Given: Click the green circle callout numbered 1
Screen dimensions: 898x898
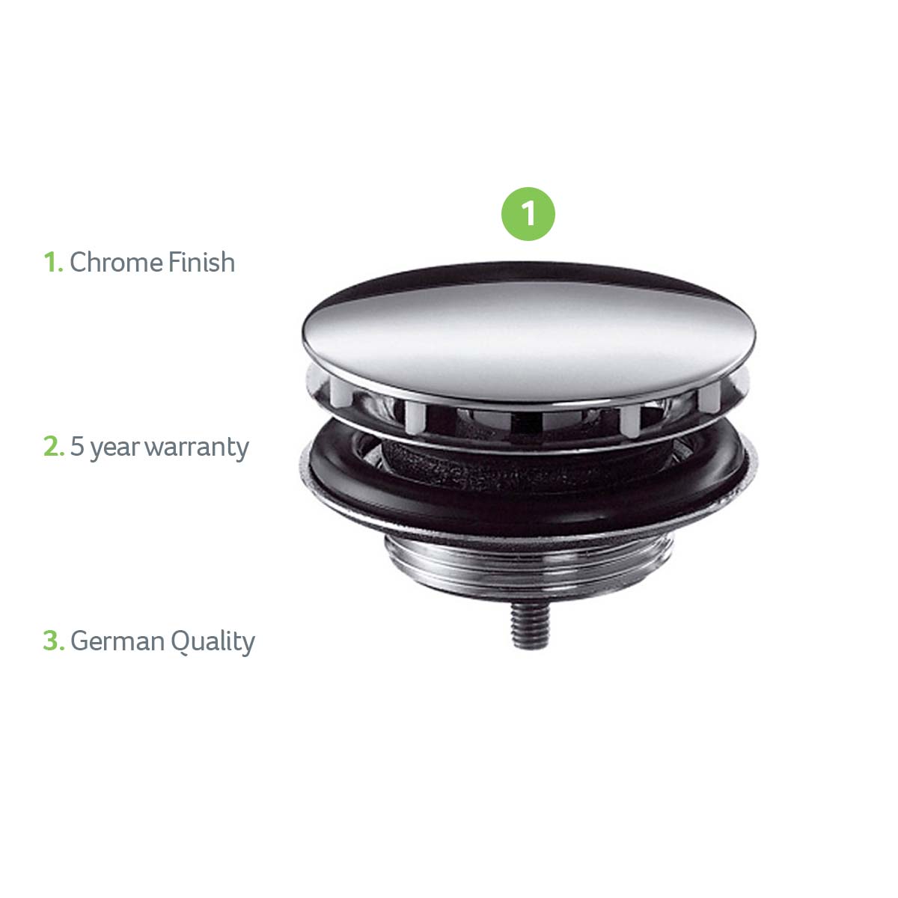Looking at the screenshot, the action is pos(528,214).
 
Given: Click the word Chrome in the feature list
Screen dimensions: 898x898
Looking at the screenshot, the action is pos(117,262).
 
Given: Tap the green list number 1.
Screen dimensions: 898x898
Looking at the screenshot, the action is pos(53,262).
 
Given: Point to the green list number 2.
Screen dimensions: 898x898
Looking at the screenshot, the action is pos(54,447).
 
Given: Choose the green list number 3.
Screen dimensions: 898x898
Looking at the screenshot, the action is pos(54,641).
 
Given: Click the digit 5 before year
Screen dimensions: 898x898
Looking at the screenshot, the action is pos(77,447).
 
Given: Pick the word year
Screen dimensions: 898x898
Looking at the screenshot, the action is pos(114,449).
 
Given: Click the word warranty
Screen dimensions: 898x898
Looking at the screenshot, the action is pos(197,448).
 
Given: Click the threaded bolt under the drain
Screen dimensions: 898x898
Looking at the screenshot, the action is pos(531,625).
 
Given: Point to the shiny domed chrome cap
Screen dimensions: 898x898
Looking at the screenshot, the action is pos(529,332).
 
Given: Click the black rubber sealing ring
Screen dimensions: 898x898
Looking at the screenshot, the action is pos(529,480).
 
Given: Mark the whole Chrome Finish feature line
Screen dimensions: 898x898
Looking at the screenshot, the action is pos(139,262).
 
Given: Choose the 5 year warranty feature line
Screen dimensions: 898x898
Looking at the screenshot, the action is pos(147,448).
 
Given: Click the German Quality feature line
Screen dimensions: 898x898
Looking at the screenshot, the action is pos(149,642).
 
